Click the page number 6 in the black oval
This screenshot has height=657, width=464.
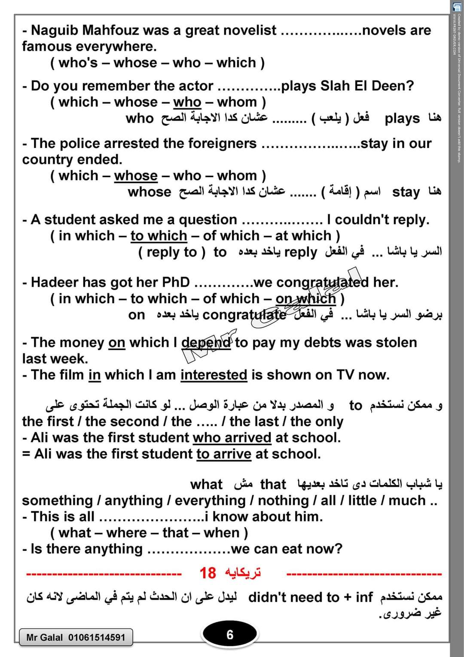coord(230,635)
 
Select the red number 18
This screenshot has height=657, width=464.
coord(208,573)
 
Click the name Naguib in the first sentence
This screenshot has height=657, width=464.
coord(55,30)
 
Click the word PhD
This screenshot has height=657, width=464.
coord(176,282)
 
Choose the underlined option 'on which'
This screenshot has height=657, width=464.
coord(305,298)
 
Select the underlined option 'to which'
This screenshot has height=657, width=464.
coord(159,236)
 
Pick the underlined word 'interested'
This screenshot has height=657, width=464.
coord(214,375)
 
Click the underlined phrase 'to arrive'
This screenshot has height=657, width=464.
coord(224,454)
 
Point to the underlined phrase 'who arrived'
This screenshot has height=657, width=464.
coord(232,438)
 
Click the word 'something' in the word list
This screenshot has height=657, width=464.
coord(57,500)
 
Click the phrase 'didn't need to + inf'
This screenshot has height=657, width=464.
coord(310,597)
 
